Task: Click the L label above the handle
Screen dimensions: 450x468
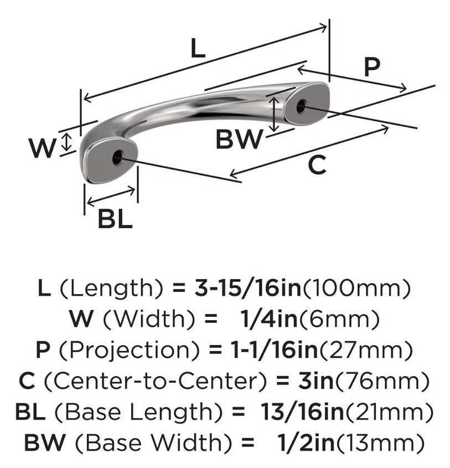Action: coord(198,49)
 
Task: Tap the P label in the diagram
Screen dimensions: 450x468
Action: coord(372,67)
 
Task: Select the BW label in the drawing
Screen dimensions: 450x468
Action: coord(239,139)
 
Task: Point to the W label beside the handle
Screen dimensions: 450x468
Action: coord(43,148)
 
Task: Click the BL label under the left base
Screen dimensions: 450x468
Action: coord(115,219)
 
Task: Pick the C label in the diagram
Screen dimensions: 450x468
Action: coord(317,165)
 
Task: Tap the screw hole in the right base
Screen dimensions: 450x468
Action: coord(302,106)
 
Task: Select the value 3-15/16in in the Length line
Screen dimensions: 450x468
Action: coord(248,288)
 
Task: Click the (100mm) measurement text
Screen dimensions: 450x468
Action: coord(356,289)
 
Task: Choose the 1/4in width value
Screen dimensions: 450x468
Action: coord(270,319)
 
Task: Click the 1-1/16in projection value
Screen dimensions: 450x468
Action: coord(274,350)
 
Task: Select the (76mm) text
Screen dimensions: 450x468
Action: coord(382,382)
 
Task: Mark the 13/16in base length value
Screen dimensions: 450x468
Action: coord(302,412)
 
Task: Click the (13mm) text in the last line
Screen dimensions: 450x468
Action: coord(380,444)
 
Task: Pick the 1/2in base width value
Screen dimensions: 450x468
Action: coord(306,443)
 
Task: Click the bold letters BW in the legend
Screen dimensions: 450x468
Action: coord(45,443)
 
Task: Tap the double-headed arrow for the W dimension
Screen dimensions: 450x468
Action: coord(68,142)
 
